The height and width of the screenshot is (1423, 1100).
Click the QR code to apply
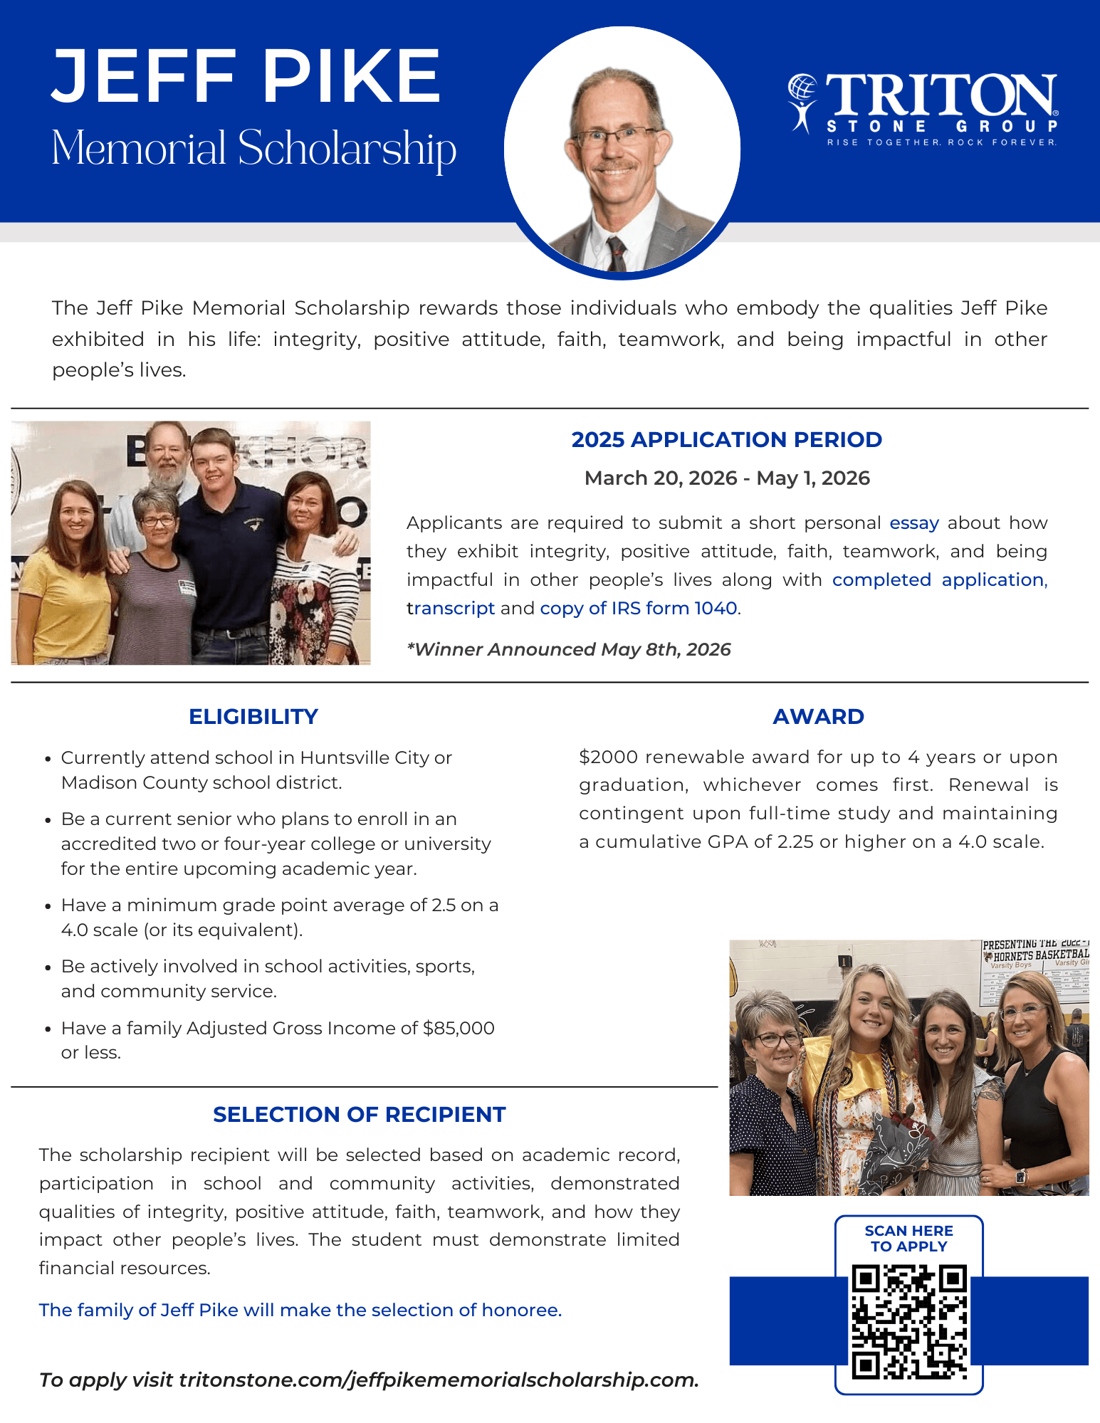(x=909, y=1321)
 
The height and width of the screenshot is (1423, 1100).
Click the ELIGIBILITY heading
(x=253, y=716)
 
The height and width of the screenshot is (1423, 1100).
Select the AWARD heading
(x=818, y=716)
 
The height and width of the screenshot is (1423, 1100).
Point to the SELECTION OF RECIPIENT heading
(x=359, y=1114)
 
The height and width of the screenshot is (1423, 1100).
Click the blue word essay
(x=914, y=523)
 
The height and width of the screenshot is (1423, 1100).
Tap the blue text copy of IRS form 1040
(x=639, y=608)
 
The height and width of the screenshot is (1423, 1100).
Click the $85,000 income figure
(x=459, y=1028)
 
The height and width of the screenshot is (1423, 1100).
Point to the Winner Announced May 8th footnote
(x=568, y=649)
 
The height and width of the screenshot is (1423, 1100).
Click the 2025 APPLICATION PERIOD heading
(x=726, y=439)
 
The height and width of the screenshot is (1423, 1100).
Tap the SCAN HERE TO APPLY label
(x=909, y=1239)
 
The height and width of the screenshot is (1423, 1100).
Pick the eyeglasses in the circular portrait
(x=614, y=135)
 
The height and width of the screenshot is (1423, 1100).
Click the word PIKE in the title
(x=352, y=75)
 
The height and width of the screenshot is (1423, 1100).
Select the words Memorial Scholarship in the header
(x=253, y=149)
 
